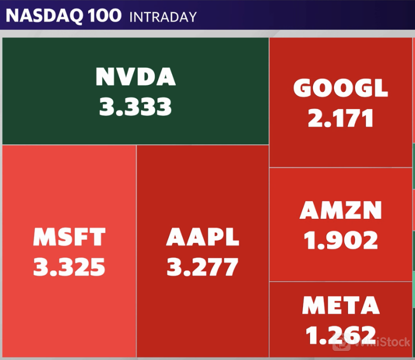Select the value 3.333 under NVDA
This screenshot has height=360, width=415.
[135, 106]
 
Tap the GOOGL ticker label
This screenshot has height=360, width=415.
[340, 89]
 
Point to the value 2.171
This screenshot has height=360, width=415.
[340, 118]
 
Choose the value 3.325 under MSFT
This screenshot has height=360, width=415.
[69, 267]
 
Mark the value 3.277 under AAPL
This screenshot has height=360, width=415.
[202, 267]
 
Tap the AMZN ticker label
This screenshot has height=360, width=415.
[340, 211]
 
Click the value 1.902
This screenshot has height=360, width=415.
[340, 241]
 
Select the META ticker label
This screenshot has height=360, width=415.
[340, 305]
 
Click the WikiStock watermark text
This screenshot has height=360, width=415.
[381, 343]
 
